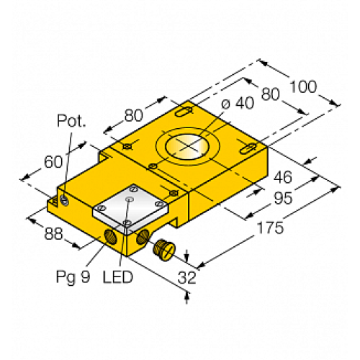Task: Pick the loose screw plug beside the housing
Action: point(163,248)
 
